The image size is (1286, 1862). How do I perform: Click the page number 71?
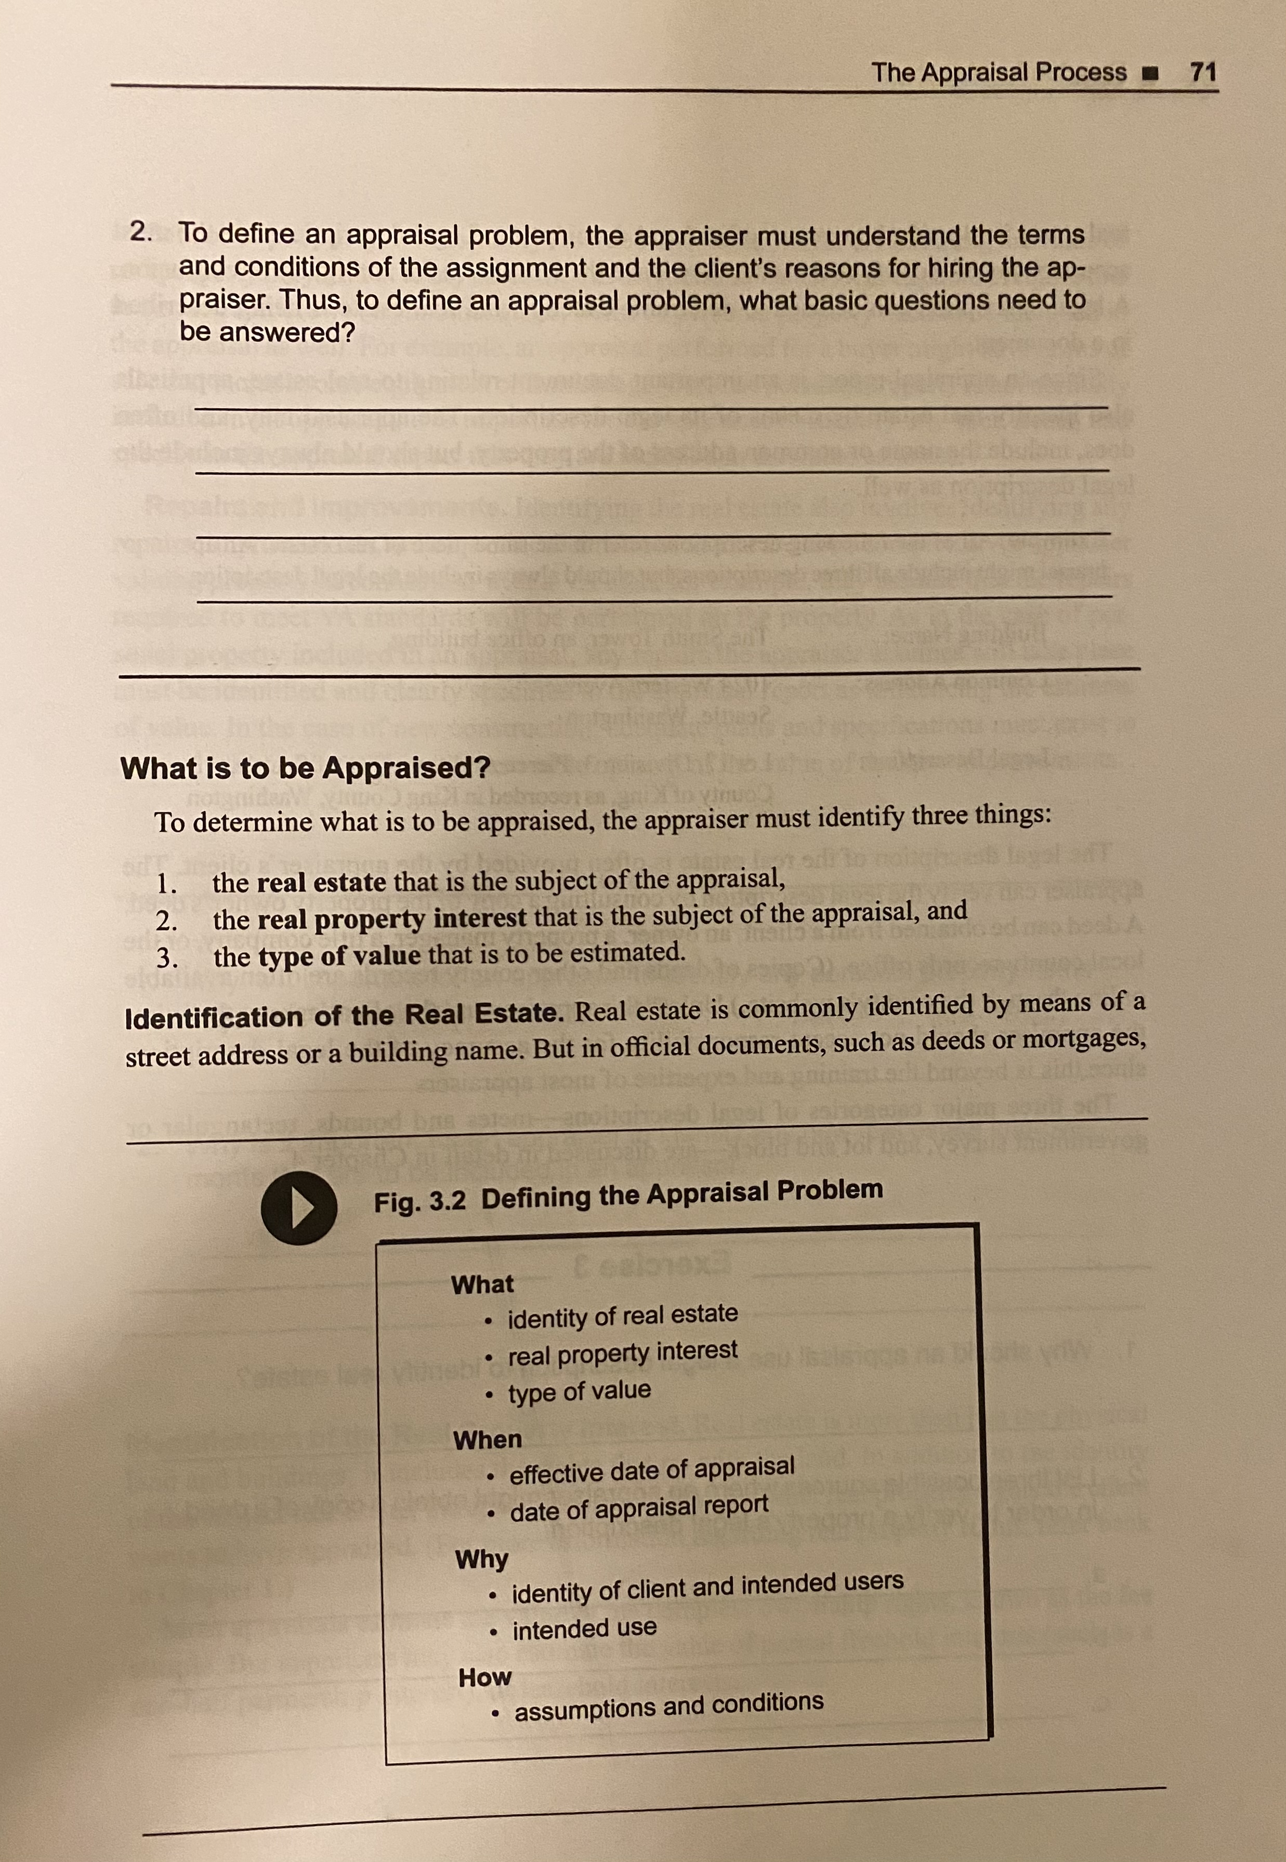click(x=1202, y=72)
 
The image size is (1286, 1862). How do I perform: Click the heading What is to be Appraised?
click(x=305, y=768)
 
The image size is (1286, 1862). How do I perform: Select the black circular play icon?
click(x=298, y=1207)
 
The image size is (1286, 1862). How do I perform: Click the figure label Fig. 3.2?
click(x=419, y=1201)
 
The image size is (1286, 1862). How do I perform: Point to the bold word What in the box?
click(x=482, y=1284)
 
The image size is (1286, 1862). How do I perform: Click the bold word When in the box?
click(x=487, y=1439)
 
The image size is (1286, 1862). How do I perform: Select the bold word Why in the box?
click(x=481, y=1558)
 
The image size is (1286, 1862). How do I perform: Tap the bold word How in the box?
click(x=484, y=1677)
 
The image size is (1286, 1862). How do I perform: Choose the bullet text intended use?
click(x=584, y=1629)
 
